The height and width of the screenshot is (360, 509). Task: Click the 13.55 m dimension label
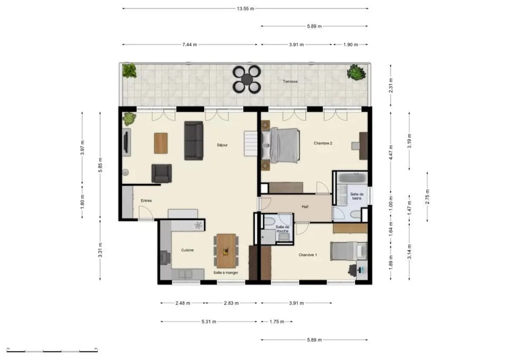click(245, 8)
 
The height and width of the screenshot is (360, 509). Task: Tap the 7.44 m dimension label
click(189, 45)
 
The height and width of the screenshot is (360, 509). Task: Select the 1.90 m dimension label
click(350, 45)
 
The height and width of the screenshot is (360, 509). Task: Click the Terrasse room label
click(290, 81)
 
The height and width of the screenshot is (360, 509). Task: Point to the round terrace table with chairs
click(247, 79)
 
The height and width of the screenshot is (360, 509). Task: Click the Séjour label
click(222, 145)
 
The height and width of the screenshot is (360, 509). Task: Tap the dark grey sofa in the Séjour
click(194, 140)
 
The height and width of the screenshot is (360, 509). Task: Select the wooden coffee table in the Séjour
click(161, 143)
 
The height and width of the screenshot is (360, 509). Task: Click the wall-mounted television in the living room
click(126, 142)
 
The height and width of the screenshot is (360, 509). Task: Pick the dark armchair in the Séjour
click(162, 173)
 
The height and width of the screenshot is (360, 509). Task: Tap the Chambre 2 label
click(323, 143)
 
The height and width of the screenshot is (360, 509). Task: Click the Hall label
click(305, 207)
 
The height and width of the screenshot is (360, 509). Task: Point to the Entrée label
click(146, 201)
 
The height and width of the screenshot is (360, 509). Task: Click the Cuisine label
click(187, 250)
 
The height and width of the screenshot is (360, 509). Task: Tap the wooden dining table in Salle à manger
click(226, 251)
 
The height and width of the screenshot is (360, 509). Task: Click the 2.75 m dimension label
click(427, 197)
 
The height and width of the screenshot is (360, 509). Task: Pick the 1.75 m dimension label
click(277, 321)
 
